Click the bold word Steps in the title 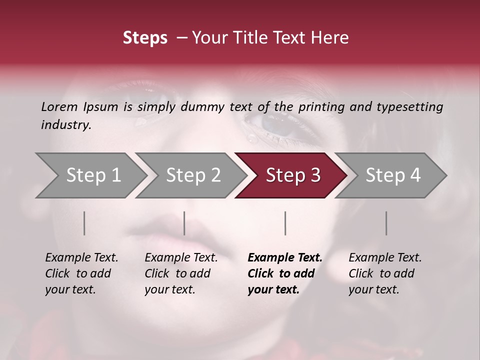tap(145, 38)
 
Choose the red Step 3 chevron tap(293, 175)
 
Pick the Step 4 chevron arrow tap(393, 175)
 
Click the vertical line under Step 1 tap(84, 223)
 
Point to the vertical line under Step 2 tap(184, 223)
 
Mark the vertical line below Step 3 tap(285, 223)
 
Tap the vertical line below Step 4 tap(386, 223)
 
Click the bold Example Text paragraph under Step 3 tap(284, 273)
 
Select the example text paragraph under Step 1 tap(81, 273)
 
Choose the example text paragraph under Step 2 tap(181, 273)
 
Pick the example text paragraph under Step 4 tap(385, 273)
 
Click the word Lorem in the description tap(59, 106)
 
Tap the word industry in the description tap(66, 125)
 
